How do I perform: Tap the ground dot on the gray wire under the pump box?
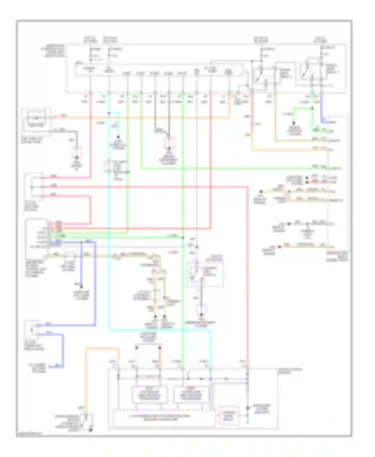[77, 157]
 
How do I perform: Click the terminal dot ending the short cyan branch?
[118, 137]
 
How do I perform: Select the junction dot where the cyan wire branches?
[109, 113]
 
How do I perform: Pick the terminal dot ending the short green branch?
[294, 123]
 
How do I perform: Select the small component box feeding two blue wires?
[32, 330]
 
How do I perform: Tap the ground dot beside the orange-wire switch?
[91, 430]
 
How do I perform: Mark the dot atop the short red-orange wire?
[160, 348]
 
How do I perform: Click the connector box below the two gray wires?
[169, 143]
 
